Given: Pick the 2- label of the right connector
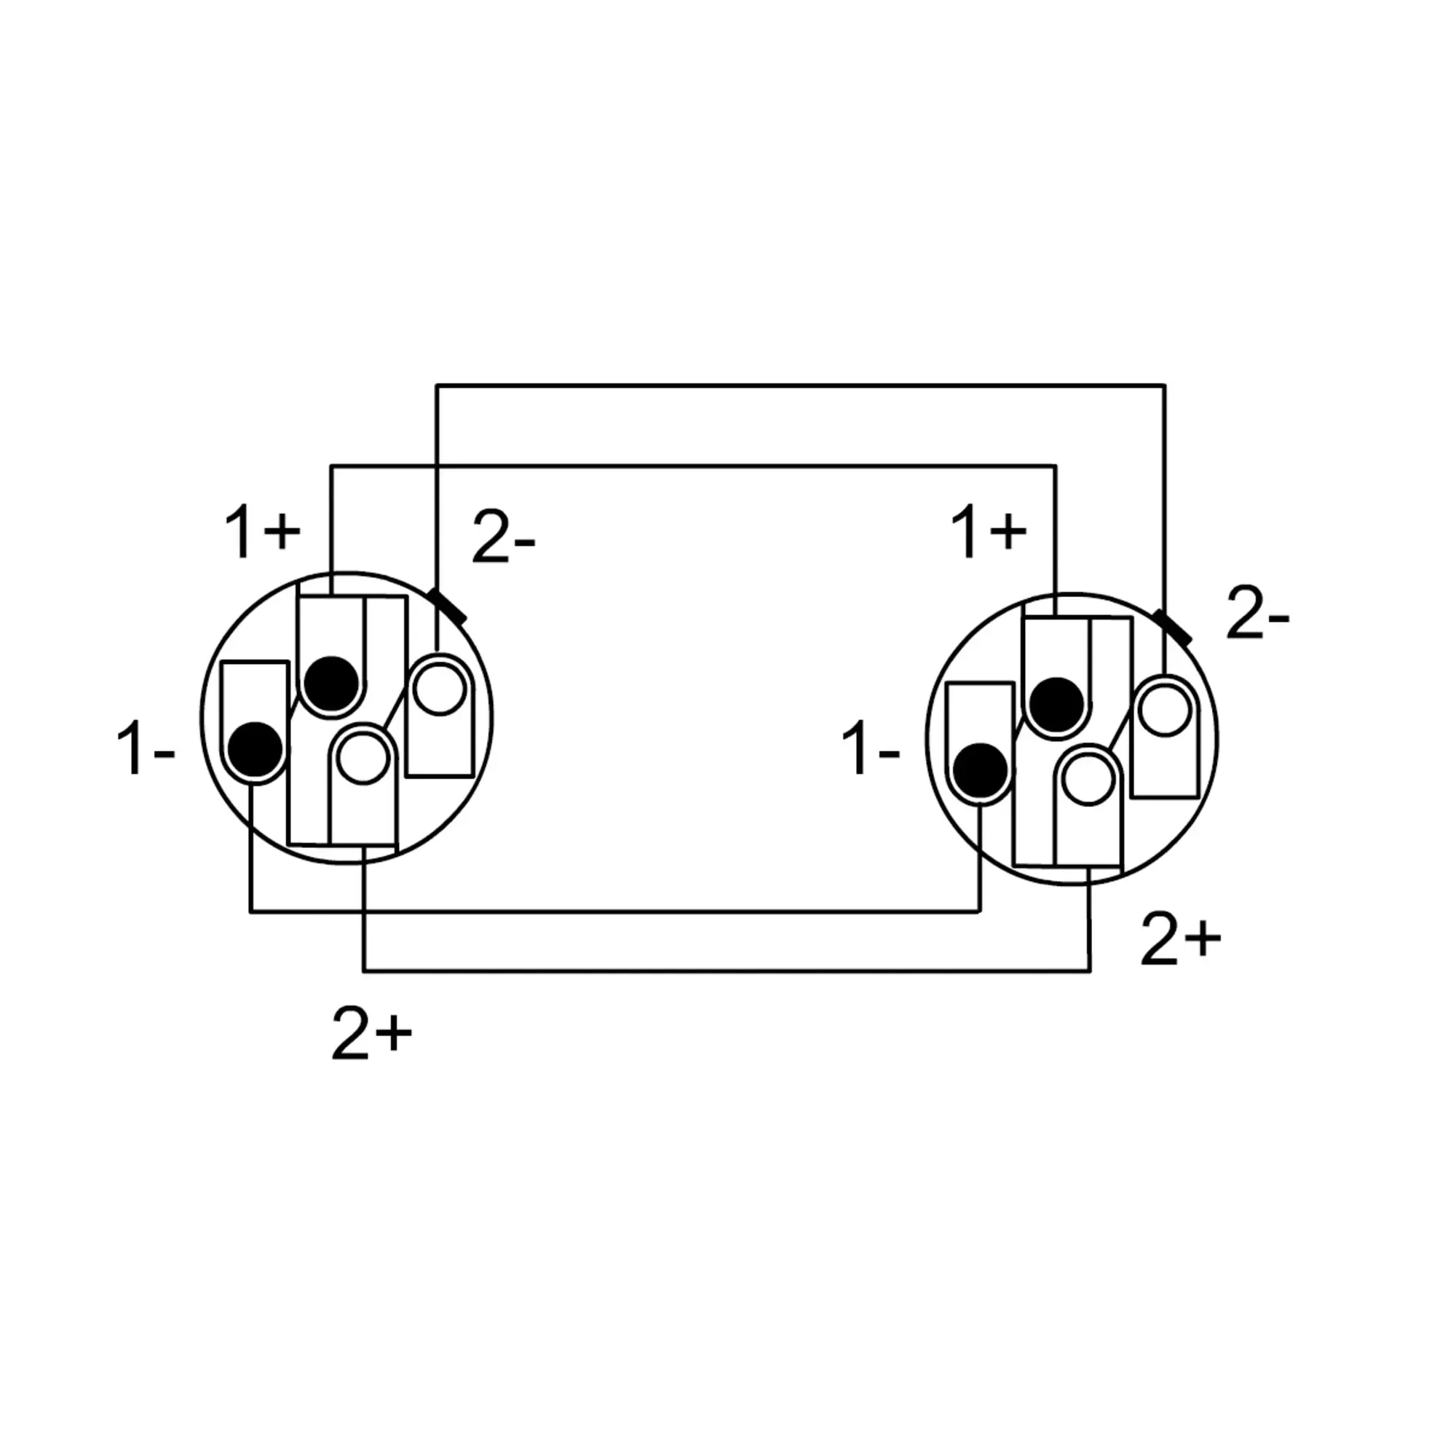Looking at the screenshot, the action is (x=1258, y=614).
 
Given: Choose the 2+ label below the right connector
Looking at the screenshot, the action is (x=1180, y=939).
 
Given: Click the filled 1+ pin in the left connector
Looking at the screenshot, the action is (x=331, y=684).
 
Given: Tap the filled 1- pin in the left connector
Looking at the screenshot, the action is (x=256, y=749).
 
